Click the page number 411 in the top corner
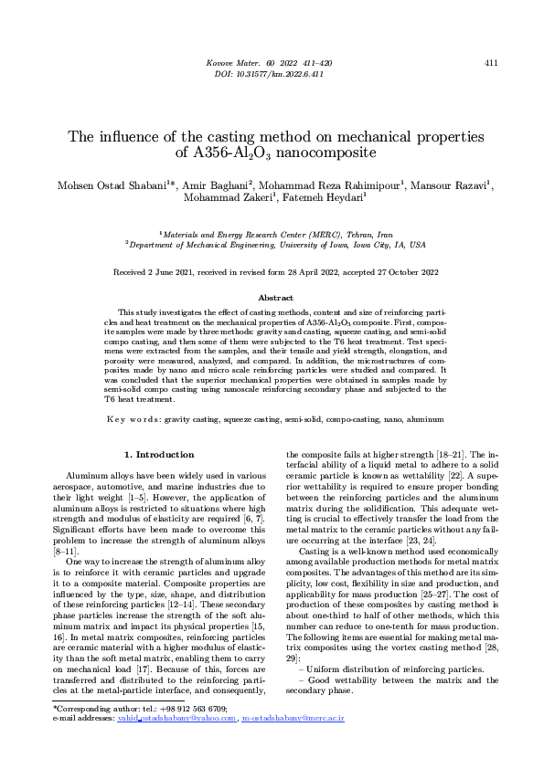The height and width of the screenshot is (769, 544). (491, 63)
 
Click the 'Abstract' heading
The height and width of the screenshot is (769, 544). (276, 298)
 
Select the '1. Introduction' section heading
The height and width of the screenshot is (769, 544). (159, 454)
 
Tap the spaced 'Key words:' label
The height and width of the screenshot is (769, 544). (133, 419)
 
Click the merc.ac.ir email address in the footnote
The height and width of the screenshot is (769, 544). (293, 719)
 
